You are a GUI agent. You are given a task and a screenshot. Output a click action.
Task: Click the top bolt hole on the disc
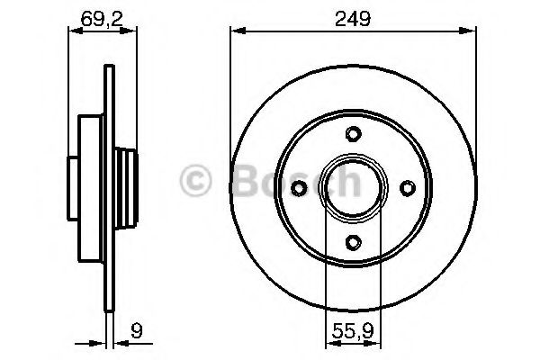click(x=354, y=135)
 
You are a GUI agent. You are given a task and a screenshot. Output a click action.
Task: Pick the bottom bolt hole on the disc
click(x=354, y=241)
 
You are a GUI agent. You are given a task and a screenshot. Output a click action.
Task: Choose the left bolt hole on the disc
click(x=301, y=188)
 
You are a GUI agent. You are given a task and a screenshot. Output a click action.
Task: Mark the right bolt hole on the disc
click(x=407, y=188)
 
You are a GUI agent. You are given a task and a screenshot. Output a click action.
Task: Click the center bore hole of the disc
click(x=354, y=188)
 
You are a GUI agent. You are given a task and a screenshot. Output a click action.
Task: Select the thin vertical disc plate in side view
click(x=108, y=189)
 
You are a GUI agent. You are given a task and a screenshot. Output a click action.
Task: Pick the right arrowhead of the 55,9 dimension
click(x=378, y=341)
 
